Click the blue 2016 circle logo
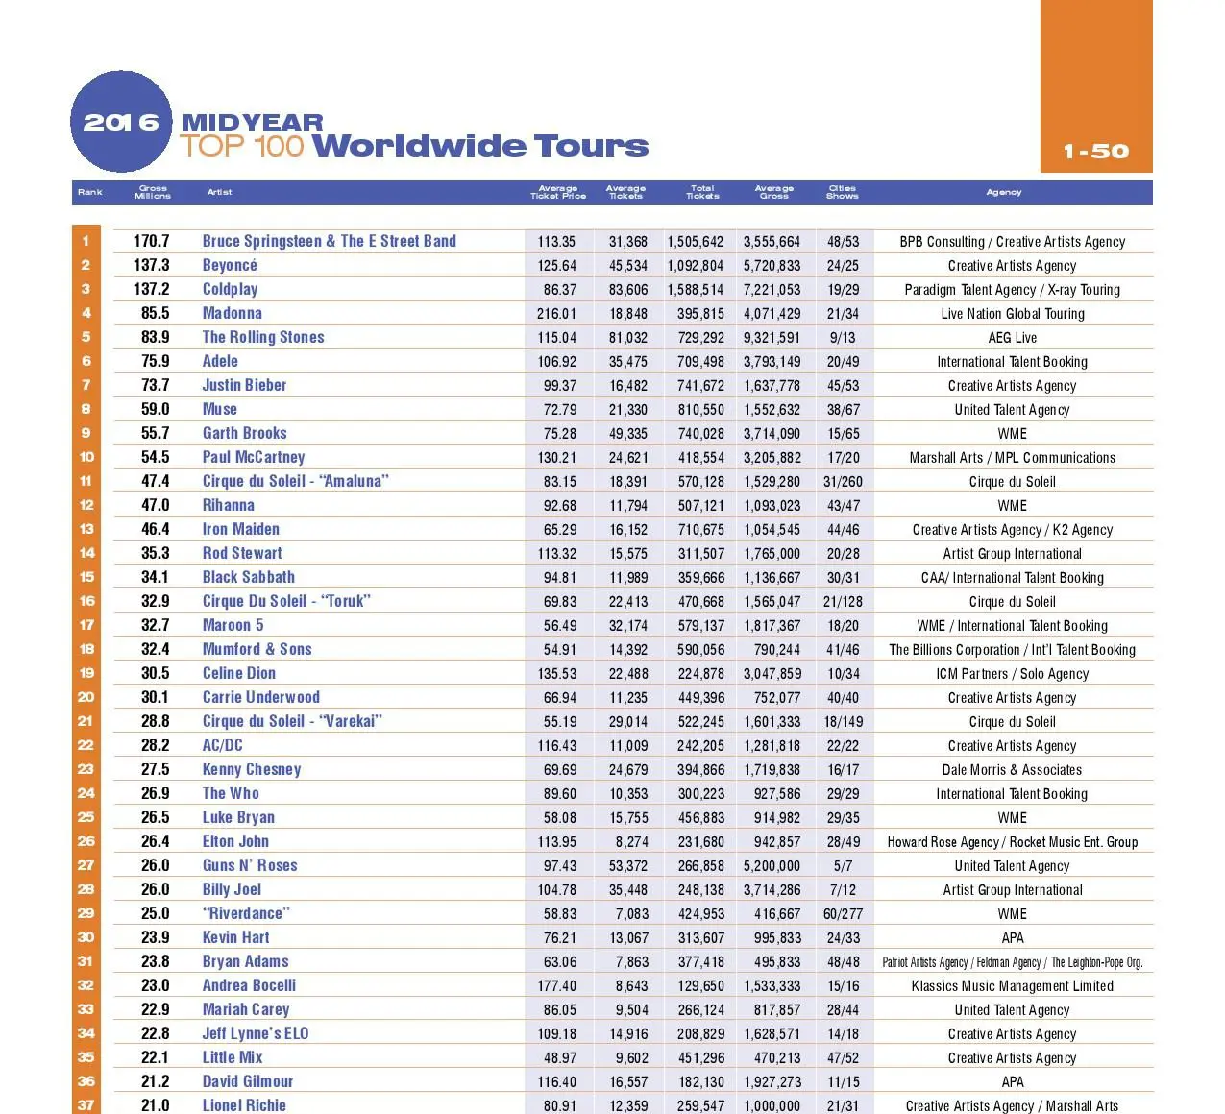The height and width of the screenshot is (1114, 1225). click(121, 122)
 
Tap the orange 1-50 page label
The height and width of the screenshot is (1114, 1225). click(1096, 152)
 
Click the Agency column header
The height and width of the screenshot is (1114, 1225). click(1003, 192)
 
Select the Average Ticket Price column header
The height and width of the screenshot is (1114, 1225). click(558, 192)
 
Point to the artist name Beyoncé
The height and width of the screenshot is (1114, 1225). click(230, 265)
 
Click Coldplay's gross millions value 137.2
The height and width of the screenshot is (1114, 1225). click(152, 289)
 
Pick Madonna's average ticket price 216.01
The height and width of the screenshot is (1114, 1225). click(556, 314)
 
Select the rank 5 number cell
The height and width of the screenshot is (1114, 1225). click(86, 337)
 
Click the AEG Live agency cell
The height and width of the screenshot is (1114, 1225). click(1012, 338)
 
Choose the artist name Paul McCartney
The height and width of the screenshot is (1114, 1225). click(254, 457)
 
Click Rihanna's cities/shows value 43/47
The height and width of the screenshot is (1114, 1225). click(843, 506)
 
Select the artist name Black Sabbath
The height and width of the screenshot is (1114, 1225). click(248, 577)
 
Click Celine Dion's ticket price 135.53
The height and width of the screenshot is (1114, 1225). click(556, 674)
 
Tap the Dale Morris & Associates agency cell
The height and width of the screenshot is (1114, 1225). click(1012, 770)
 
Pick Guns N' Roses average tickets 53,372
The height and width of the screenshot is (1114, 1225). click(627, 866)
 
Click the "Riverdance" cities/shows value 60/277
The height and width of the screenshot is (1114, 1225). click(843, 914)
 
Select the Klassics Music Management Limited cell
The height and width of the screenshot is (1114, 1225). click(1012, 986)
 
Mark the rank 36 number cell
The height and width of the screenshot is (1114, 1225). click(86, 1081)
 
